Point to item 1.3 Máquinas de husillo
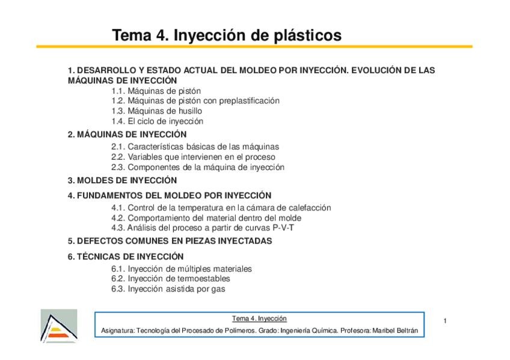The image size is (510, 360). tap(156, 111)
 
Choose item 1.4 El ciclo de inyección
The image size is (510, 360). tap(157, 121)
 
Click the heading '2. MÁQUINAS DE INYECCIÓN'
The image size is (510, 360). tap(127, 135)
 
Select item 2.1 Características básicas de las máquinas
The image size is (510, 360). tap(195, 147)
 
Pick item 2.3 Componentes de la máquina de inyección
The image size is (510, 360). tap(197, 168)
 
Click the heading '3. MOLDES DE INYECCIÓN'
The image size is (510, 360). tap(122, 180)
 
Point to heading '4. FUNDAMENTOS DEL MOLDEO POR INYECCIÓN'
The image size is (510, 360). tap(170, 195)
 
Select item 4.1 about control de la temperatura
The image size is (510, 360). tap(221, 208)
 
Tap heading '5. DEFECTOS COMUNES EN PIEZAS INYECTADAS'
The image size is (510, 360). tap(170, 241)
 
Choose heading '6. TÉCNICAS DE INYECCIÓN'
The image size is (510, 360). tap(125, 256)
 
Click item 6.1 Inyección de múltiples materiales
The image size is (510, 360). tap(181, 269)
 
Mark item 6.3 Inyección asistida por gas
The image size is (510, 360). tap(168, 289)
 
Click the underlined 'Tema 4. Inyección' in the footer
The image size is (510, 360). tap(259, 319)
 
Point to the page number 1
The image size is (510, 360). tap(444, 321)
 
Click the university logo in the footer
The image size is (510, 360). tap(58, 326)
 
